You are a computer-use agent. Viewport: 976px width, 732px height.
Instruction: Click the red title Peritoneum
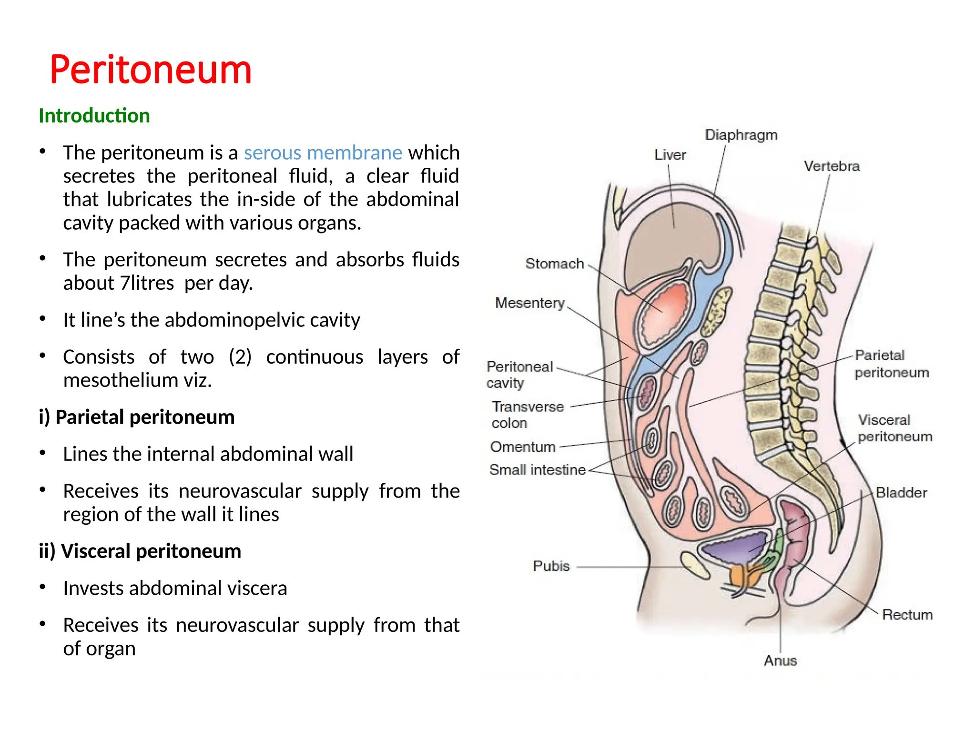[151, 70]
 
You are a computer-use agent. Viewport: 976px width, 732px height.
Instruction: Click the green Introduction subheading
[94, 116]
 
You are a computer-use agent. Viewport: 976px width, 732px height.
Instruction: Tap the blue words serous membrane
[323, 152]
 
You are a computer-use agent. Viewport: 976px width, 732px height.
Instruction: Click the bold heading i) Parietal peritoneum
[137, 417]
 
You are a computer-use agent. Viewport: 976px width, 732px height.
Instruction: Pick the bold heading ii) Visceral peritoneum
[140, 551]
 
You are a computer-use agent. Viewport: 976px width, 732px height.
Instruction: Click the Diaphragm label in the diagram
[741, 135]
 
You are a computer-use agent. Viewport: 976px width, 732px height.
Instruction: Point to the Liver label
[670, 155]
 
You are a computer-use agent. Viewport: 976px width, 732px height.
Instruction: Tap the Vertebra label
[832, 166]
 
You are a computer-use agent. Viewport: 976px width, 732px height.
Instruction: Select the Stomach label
[554, 264]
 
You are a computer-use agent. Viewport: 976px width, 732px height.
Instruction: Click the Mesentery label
[529, 303]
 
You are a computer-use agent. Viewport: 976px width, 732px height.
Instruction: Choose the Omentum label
[523, 447]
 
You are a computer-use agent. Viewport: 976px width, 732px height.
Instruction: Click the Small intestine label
[537, 470]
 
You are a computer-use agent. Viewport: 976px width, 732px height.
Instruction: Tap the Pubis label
[551, 566]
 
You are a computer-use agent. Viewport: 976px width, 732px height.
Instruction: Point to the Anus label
[780, 661]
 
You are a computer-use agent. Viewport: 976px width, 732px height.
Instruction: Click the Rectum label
[907, 615]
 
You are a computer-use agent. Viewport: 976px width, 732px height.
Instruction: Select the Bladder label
[901, 493]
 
